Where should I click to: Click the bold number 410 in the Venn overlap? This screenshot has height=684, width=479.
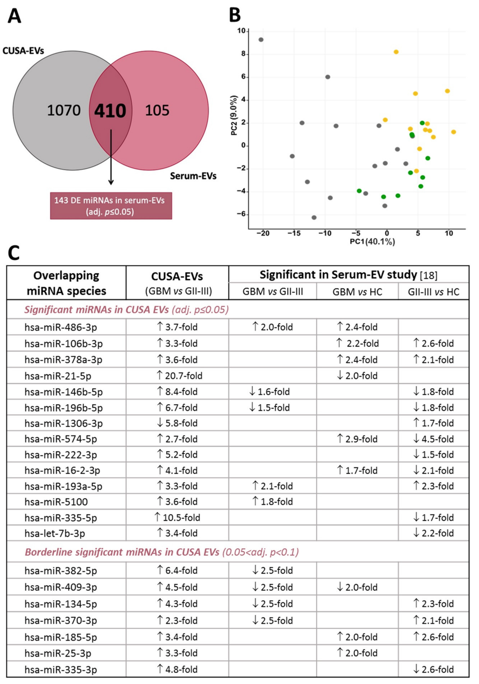pyautogui.click(x=110, y=111)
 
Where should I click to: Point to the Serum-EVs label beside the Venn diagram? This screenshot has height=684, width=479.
pyautogui.click(x=193, y=176)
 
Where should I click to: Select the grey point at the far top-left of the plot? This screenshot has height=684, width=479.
pyautogui.click(x=261, y=40)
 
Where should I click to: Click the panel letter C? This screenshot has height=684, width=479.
pyautogui.click(x=14, y=253)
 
